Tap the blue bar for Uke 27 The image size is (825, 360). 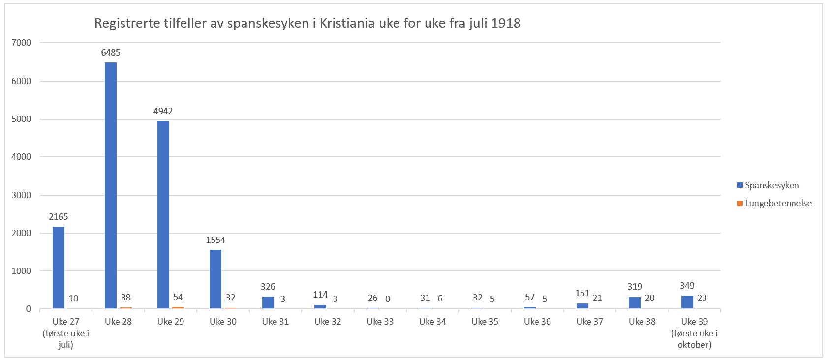tap(59, 268)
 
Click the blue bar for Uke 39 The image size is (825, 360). tap(687, 302)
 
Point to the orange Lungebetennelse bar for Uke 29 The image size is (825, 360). tap(178, 308)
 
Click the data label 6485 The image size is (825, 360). tap(111, 53)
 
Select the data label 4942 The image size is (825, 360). tap(163, 111)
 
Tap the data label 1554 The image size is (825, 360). tap(215, 240)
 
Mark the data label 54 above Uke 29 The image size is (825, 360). tap(178, 297)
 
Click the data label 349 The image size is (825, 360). tap(687, 286)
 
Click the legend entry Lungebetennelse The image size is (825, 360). tap(778, 203)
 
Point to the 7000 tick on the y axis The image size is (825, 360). tap(21, 43)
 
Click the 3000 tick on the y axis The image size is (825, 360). tap(21, 195)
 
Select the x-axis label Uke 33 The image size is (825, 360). tap(380, 322)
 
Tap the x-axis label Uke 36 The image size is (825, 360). tap(537, 322)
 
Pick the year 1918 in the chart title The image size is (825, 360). tap(506, 23)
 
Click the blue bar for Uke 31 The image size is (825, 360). tap(268, 302)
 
